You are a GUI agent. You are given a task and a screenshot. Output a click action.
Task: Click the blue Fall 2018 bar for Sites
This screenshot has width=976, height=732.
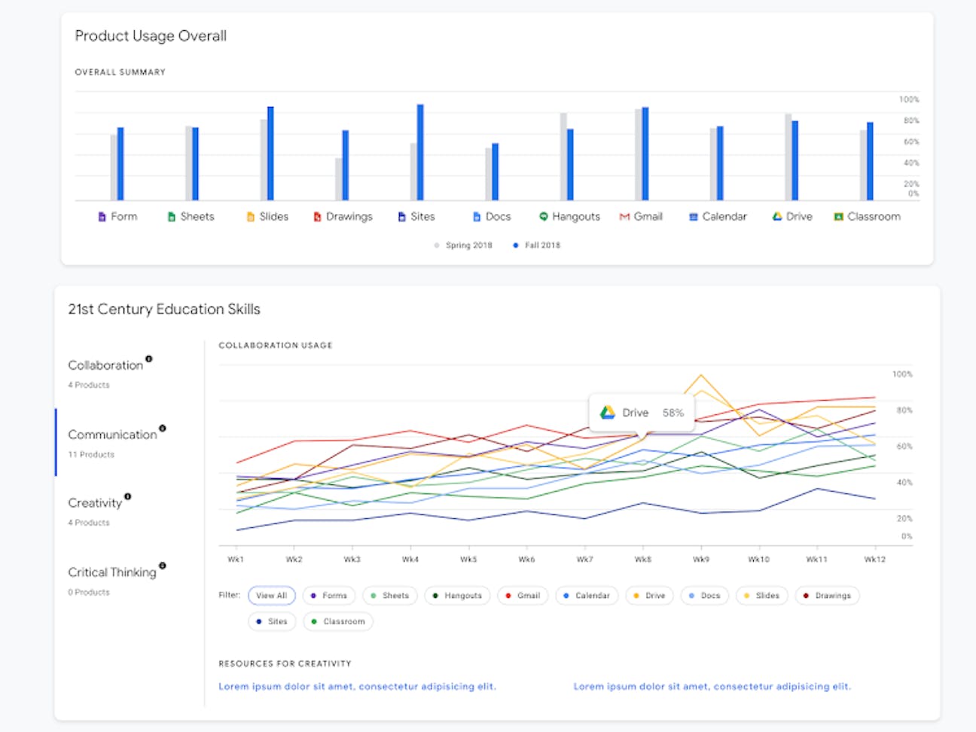(x=420, y=153)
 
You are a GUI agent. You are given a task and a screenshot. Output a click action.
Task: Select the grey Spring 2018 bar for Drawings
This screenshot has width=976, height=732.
(x=338, y=179)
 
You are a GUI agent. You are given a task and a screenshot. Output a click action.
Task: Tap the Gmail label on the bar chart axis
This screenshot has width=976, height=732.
(x=641, y=217)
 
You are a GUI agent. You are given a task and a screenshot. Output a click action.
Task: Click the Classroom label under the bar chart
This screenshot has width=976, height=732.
(x=867, y=217)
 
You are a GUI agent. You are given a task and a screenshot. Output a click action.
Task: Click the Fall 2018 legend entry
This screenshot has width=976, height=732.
(x=537, y=246)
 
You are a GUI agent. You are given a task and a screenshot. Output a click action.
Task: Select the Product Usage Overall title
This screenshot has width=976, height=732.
(x=151, y=36)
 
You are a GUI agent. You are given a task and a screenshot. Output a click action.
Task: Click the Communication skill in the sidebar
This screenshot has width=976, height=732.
(x=112, y=435)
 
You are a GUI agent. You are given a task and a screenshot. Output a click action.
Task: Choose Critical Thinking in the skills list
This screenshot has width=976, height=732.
(x=112, y=573)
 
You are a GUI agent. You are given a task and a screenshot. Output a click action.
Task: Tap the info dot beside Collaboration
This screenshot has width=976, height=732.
(x=148, y=359)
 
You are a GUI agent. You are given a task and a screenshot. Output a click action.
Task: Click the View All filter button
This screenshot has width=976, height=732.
(x=271, y=596)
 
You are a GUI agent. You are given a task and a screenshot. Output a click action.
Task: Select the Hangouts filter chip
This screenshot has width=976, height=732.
(x=457, y=596)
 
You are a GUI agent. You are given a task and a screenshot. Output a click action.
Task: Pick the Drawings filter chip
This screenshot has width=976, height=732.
(x=827, y=596)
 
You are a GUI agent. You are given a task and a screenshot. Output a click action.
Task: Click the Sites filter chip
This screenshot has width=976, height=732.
(x=272, y=622)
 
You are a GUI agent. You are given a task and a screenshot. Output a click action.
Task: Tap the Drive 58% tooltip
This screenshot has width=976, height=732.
(x=641, y=413)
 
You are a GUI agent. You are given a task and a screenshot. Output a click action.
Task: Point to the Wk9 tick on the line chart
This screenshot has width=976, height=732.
(x=700, y=560)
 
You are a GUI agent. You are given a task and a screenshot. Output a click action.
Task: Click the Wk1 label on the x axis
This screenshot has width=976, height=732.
(x=236, y=560)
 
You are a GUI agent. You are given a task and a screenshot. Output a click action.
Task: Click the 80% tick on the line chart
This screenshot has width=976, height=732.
(x=904, y=410)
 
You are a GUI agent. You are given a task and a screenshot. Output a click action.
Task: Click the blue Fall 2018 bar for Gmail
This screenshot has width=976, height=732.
(x=645, y=154)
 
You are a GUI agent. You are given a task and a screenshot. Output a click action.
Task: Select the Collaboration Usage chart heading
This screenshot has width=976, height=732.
(x=275, y=346)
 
